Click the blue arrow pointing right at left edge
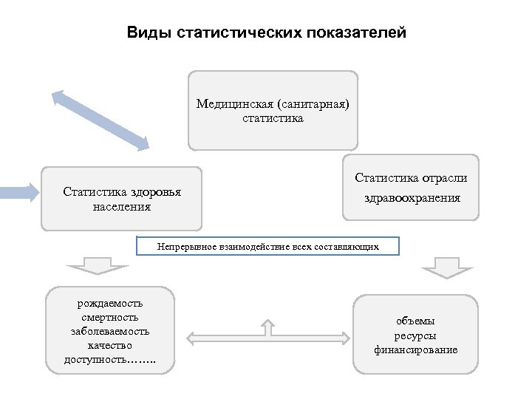pos(18,194)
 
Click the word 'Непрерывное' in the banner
pos(185,246)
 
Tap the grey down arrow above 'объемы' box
pos(446,267)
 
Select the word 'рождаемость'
pos(110,303)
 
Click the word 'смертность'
pos(110,317)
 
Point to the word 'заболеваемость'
pos(110,331)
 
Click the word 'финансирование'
pos(415,349)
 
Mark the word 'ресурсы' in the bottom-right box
pos(415,335)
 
